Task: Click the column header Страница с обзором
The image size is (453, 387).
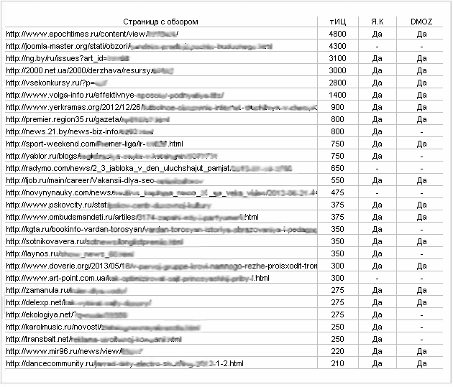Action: coord(160,22)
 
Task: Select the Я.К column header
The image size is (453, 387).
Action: coord(377,22)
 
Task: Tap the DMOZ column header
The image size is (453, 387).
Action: coord(421,22)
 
